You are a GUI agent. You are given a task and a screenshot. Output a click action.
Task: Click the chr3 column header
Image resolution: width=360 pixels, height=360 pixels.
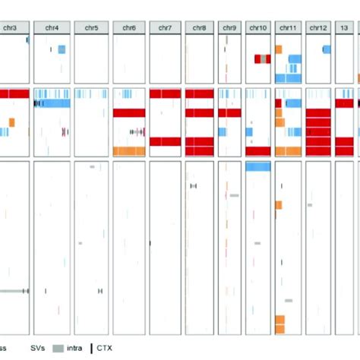coord(11,28)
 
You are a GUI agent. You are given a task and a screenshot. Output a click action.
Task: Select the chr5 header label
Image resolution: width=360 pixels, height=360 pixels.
coord(91,28)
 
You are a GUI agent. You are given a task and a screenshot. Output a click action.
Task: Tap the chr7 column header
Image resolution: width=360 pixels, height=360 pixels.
coord(165,28)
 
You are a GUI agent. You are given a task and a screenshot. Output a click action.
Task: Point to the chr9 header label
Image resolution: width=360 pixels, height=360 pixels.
coord(229,28)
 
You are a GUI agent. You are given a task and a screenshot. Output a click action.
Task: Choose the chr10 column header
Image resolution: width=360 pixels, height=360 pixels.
coord(258,28)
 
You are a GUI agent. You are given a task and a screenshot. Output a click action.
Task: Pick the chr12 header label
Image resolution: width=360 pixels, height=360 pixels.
coord(317,28)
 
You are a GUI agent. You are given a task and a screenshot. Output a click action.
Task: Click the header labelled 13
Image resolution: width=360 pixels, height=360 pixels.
coord(345,28)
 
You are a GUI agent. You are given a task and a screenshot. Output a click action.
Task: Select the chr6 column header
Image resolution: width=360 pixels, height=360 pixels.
coord(128,28)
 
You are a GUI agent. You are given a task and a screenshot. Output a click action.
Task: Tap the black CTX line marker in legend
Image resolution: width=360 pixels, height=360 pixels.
coord(92,349)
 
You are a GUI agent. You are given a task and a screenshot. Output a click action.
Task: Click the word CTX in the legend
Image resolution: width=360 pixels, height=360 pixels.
coord(104,349)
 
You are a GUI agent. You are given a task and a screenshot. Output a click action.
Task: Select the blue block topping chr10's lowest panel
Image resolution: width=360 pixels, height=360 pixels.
coord(258,167)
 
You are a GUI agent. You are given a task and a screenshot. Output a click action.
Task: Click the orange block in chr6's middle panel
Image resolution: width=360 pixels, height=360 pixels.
coord(128,151)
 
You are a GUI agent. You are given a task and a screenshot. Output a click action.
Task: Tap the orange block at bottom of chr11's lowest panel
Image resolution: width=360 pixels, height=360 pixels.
coord(279,324)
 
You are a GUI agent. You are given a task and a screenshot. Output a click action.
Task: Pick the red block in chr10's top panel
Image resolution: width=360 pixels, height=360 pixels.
coord(262,58)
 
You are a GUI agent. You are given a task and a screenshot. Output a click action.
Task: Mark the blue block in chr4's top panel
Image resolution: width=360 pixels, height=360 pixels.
coord(62,49)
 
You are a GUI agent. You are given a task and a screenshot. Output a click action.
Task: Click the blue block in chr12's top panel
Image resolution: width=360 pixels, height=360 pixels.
coord(327,49)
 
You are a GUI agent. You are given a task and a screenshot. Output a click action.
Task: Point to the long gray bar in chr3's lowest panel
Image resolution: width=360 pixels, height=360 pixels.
coord(11,291)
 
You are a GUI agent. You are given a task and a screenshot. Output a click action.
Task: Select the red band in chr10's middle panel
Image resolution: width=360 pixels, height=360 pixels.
coord(258,151)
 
